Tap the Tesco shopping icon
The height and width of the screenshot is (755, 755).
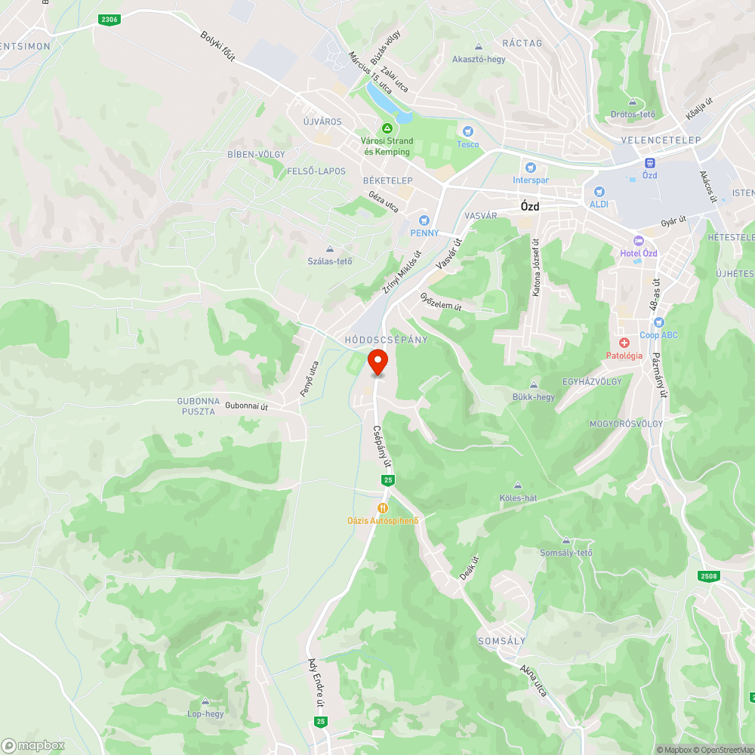[467, 131]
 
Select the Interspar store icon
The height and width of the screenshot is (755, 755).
[531, 167]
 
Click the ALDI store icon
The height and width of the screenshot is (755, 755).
[599, 192]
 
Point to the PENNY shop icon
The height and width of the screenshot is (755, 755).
[424, 220]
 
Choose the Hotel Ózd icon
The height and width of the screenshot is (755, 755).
[639, 240]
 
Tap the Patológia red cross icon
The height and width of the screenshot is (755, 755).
[624, 343]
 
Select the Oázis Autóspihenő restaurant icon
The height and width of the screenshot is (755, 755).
[383, 508]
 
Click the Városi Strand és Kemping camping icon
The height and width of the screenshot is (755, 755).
[387, 128]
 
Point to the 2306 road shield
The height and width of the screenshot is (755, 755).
[109, 20]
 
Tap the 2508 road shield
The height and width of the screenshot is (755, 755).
[708, 576]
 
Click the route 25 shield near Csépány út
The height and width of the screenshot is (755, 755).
[387, 480]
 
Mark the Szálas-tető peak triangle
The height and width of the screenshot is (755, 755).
[329, 249]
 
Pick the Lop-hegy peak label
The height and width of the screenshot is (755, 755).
[205, 713]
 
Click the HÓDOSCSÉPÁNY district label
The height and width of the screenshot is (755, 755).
[386, 340]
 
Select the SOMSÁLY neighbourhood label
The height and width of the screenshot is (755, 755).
[501, 641]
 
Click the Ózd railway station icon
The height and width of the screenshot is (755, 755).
[649, 162]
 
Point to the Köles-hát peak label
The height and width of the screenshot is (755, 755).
[517, 498]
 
